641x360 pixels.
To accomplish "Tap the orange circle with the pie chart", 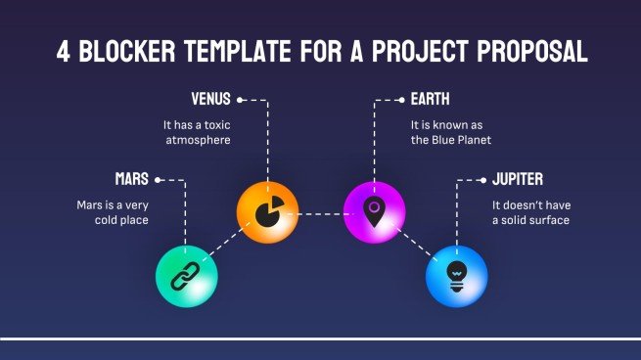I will coord(266,211).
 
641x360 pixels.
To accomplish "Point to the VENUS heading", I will coord(210,100).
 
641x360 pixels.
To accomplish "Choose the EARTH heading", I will coord(432,100).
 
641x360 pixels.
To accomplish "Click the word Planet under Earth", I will coord(471,140).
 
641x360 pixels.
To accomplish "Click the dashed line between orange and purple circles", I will coord(320,212).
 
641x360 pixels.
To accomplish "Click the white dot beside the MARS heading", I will coord(159,180).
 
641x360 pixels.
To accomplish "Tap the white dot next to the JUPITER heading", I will coord(482,180).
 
